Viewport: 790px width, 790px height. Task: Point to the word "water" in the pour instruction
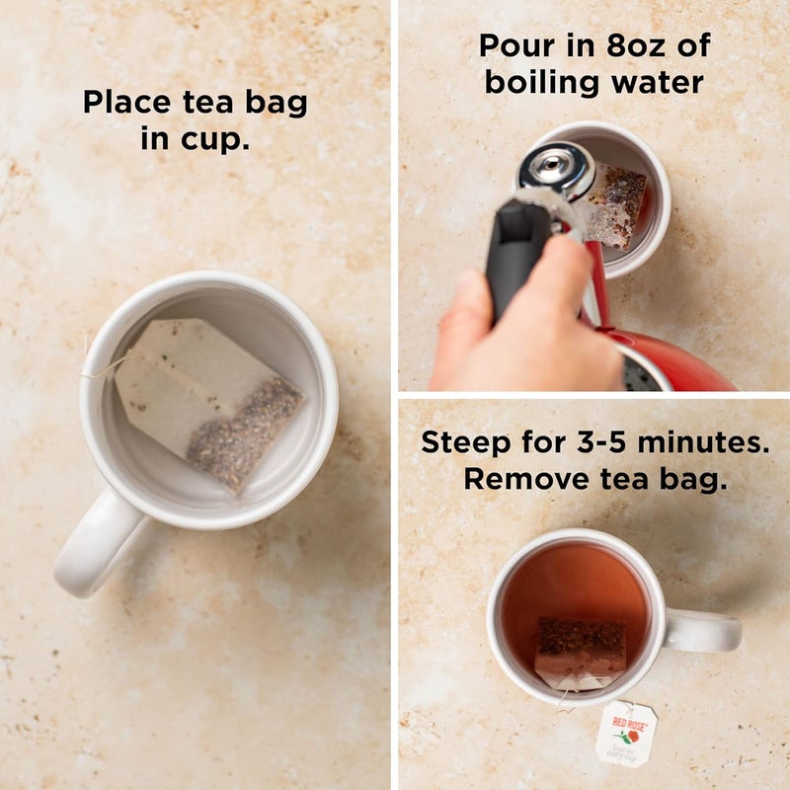[655, 82]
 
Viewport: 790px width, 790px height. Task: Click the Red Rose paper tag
[626, 734]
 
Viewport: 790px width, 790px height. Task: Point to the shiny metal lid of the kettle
[556, 170]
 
